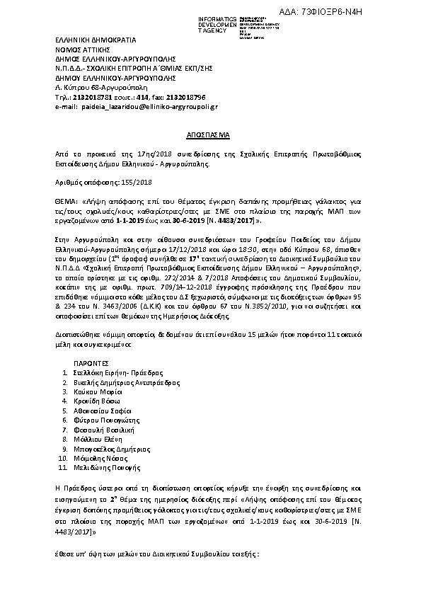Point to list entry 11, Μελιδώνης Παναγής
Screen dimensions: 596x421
pos(108,467)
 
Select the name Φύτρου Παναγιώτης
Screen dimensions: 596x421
pos(107,420)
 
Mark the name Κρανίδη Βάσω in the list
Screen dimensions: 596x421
pos(98,401)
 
